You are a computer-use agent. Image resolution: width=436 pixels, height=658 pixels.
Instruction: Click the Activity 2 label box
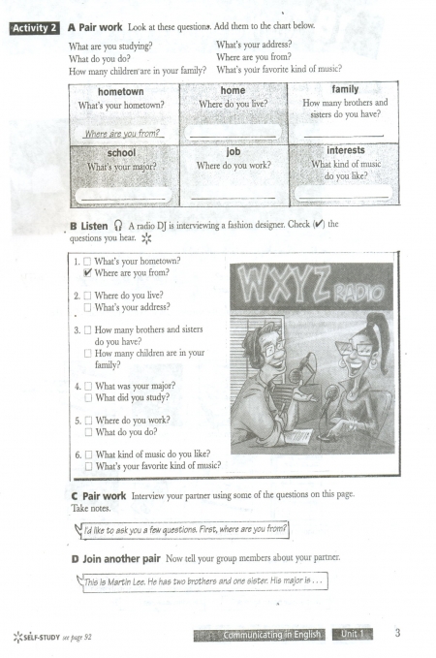pyautogui.click(x=35, y=28)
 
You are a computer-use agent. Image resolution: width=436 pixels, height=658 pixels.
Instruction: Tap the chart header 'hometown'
pyautogui.click(x=121, y=91)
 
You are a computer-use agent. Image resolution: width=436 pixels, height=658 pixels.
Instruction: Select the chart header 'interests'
pyautogui.click(x=346, y=150)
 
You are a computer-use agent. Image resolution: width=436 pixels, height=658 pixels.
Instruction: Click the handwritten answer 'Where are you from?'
pyautogui.click(x=122, y=134)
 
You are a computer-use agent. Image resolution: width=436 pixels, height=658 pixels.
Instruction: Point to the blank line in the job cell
pyautogui.click(x=234, y=198)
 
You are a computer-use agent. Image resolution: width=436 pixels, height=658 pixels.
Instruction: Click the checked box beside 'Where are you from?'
pyautogui.click(x=87, y=272)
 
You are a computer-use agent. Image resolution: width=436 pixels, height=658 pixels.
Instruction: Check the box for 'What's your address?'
pyautogui.click(x=87, y=307)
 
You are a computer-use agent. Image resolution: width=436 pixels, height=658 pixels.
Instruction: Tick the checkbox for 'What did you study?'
pyautogui.click(x=88, y=398)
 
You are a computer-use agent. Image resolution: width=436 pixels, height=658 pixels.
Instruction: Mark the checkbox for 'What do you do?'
pyautogui.click(x=88, y=432)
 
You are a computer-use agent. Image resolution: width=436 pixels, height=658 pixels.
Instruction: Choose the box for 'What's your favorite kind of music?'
pyautogui.click(x=88, y=466)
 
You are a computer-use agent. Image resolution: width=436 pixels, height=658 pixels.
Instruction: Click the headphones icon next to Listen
pyautogui.click(x=118, y=226)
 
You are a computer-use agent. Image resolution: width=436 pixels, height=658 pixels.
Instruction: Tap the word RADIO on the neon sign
pyautogui.click(x=358, y=293)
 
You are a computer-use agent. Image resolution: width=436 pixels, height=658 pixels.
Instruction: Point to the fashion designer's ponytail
pyautogui.click(x=379, y=340)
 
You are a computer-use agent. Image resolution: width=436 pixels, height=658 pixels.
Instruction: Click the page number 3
pyautogui.click(x=397, y=633)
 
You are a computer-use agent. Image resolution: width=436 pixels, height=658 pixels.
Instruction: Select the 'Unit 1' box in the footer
pyautogui.click(x=352, y=634)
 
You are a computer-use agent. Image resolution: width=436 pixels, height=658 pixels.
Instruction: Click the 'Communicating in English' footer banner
pyautogui.click(x=260, y=635)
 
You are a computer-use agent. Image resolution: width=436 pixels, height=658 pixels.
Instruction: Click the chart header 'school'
pyautogui.click(x=121, y=153)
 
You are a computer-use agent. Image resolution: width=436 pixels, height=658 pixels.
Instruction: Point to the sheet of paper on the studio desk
pyautogui.click(x=298, y=436)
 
